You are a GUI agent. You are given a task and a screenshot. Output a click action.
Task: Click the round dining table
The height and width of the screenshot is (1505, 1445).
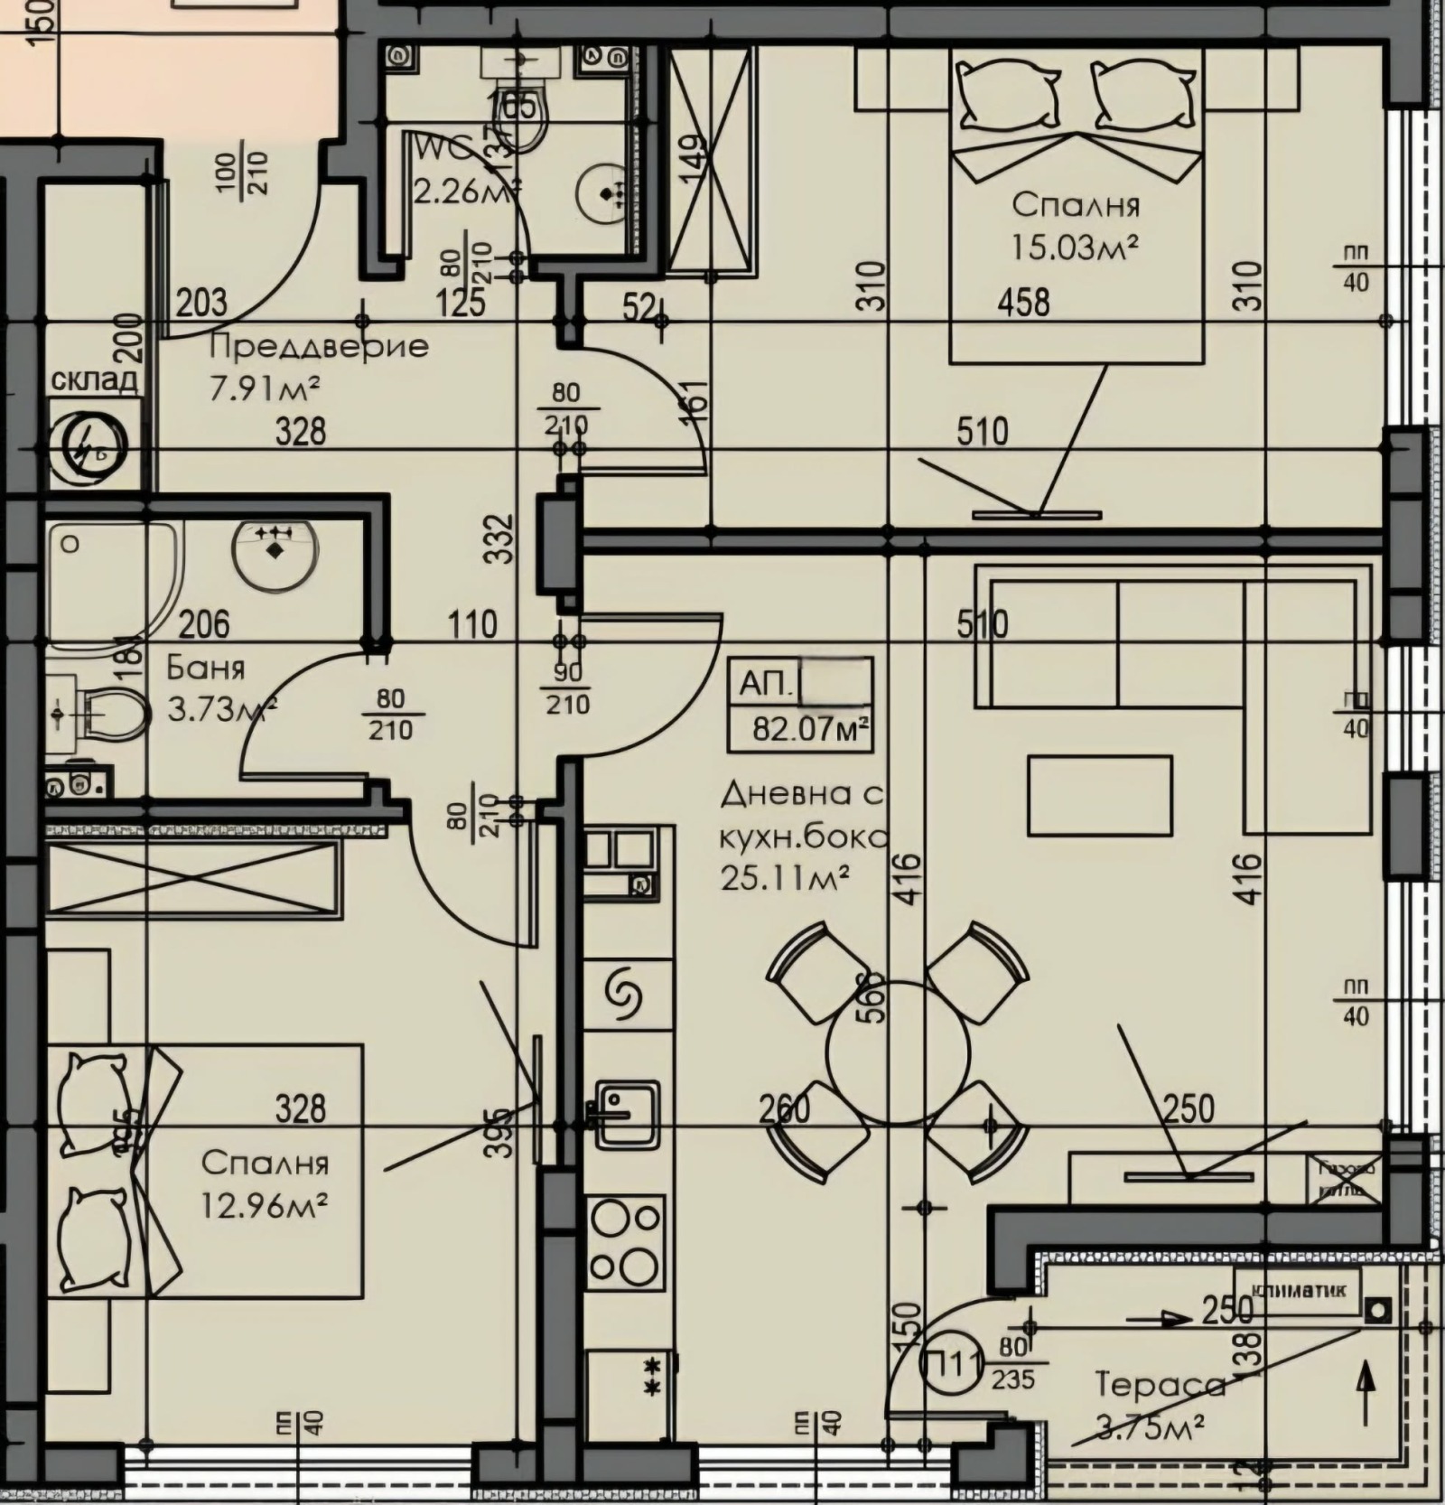(x=897, y=1052)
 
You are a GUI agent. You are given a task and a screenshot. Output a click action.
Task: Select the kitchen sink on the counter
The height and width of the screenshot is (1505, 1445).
(x=623, y=1113)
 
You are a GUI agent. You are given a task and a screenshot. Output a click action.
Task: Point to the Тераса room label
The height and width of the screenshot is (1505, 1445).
(x=1160, y=1385)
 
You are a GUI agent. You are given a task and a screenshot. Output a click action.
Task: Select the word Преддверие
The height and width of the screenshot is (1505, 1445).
(x=318, y=346)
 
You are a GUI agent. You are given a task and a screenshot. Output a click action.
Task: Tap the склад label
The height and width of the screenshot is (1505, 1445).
(x=94, y=379)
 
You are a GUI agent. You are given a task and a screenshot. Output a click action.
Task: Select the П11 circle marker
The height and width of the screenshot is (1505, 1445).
(x=950, y=1363)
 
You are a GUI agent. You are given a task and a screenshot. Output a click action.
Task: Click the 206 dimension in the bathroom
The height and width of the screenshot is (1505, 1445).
(x=204, y=623)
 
